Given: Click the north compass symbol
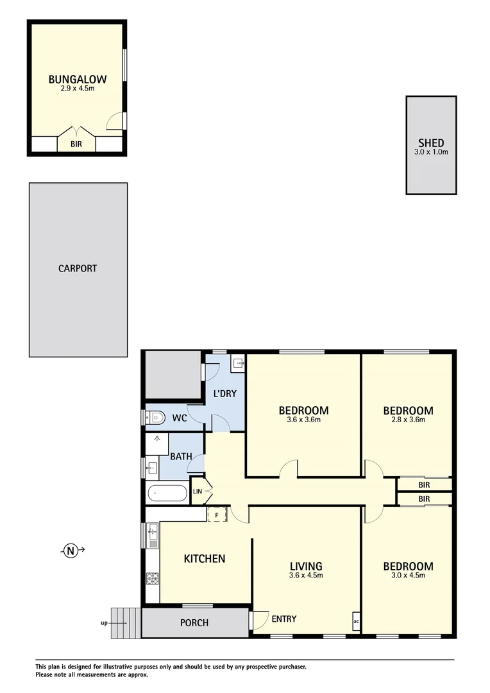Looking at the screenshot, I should click(x=71, y=550).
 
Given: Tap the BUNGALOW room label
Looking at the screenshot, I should click(x=77, y=80).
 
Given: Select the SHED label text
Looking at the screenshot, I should click(x=431, y=143).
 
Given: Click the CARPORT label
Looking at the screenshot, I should click(x=78, y=268).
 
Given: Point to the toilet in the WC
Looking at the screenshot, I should click(x=155, y=418).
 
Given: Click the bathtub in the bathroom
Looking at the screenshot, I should click(x=167, y=493).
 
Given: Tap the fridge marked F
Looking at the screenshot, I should click(x=216, y=514).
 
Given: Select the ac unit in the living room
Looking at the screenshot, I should click(x=355, y=621).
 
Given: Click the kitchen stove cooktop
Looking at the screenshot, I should click(x=153, y=579).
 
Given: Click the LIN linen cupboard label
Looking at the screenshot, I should click(x=198, y=492).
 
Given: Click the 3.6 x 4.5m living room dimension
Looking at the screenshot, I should click(x=305, y=576).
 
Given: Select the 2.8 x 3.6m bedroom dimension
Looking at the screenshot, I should click(x=408, y=420).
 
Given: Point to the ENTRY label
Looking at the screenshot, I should click(x=283, y=619).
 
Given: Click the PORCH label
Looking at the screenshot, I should click(x=194, y=622).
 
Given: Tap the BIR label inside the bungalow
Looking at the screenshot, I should click(x=76, y=145).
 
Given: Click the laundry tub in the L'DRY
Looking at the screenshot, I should click(x=238, y=364).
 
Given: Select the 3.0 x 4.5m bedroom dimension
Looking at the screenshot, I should click(x=408, y=576).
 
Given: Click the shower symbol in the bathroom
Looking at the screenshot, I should click(x=156, y=441).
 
